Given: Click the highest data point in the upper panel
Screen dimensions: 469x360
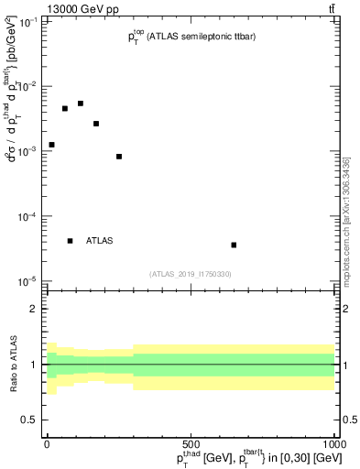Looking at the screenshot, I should tap(81, 104).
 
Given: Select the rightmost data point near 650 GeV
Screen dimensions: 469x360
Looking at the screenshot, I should tap(235, 245).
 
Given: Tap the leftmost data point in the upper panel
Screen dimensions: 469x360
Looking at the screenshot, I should tap(52, 145).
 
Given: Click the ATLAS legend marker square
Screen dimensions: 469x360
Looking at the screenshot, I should tap(71, 241).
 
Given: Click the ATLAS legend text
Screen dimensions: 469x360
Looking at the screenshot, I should tap(100, 241).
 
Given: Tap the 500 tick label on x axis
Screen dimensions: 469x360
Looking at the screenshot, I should tap(191, 442).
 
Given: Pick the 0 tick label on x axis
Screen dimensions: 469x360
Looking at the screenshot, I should tap(48, 442).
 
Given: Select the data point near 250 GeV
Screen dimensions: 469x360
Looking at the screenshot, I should tap(119, 157).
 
